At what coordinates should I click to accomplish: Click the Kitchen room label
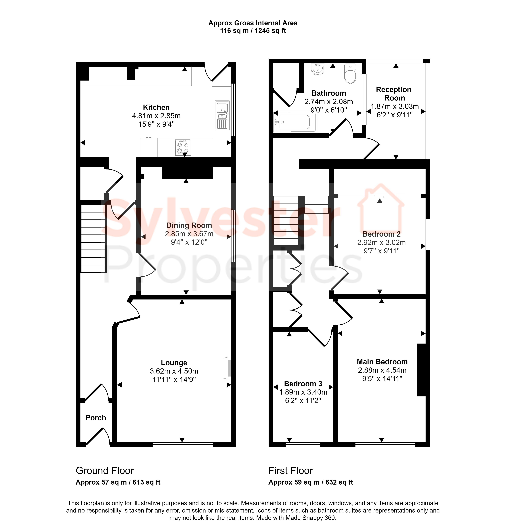[156, 107]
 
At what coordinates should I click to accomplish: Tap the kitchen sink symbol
[222, 115]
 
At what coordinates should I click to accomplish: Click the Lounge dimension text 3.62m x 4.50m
[174, 371]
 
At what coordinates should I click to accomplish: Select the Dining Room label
[189, 225]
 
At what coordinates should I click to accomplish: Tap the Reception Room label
[394, 94]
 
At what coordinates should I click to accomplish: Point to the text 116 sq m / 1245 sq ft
[253, 31]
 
